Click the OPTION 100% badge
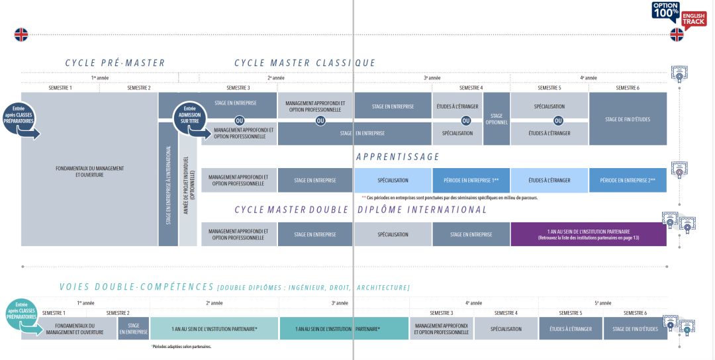click(x=665, y=11)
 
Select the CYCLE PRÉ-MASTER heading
click(x=115, y=63)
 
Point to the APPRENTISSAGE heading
click(x=397, y=157)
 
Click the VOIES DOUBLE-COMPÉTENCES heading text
click(x=136, y=287)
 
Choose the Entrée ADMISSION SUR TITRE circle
click(x=189, y=116)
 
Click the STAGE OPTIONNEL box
click(x=496, y=118)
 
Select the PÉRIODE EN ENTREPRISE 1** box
click(x=471, y=180)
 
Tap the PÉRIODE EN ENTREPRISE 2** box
click(x=627, y=180)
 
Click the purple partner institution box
click(x=588, y=234)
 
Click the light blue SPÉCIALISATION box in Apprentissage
click(x=393, y=180)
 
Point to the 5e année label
click(x=602, y=302)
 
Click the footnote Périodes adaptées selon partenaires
click(x=181, y=346)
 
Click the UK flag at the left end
click(x=21, y=34)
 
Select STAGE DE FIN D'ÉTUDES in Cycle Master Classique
click(x=627, y=119)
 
